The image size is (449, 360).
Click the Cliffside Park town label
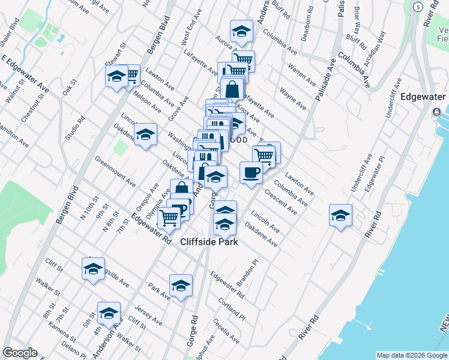pyautogui.click(x=209, y=242)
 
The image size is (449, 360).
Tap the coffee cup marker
pyautogui.click(x=251, y=173)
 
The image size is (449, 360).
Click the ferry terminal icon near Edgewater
pyautogui.click(x=436, y=112)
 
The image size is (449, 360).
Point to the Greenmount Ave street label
pyautogui.click(x=115, y=170)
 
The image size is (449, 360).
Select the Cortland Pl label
pyautogui.click(x=232, y=309)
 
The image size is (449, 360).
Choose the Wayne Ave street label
pyautogui.click(x=292, y=99)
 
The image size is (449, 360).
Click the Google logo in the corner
pyautogui.click(x=20, y=353)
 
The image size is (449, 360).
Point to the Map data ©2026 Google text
pyautogui.click(x=411, y=355)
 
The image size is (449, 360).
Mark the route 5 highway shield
pyautogui.click(x=418, y=7)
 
